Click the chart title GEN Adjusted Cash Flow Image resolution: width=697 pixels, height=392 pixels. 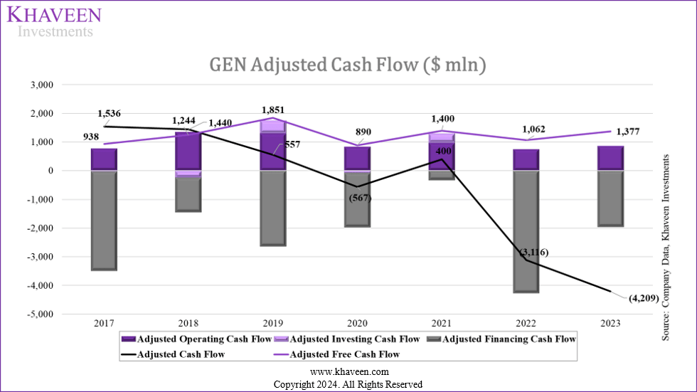coord(348,65)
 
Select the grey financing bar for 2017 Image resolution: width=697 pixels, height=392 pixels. coord(104,221)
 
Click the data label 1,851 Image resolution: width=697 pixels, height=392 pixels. coord(273,110)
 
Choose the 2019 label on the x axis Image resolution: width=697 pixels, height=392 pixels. coord(272,323)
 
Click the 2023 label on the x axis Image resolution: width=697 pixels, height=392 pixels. coord(610,323)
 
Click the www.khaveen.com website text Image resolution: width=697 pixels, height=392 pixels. coord(348,372)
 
